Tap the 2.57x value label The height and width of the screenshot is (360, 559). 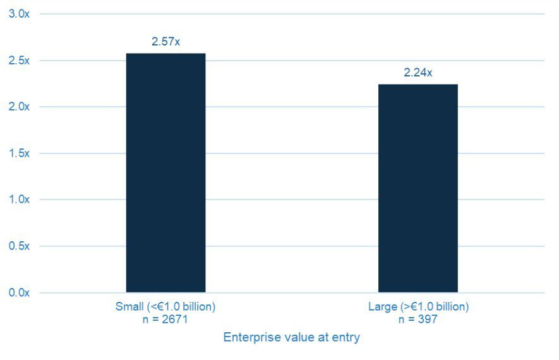click(x=165, y=42)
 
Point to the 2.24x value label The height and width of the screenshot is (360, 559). click(x=418, y=73)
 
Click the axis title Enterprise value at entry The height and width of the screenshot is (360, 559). click(x=291, y=337)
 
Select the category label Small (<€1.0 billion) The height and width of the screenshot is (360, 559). click(x=165, y=307)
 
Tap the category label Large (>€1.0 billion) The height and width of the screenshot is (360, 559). click(x=418, y=307)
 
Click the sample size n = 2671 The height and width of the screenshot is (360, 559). click(x=165, y=320)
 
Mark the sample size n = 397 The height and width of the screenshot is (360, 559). click(x=418, y=320)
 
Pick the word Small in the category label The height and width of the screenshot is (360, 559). click(x=128, y=307)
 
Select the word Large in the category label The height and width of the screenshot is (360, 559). click(x=382, y=307)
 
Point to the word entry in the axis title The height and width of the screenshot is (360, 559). click(x=347, y=338)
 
